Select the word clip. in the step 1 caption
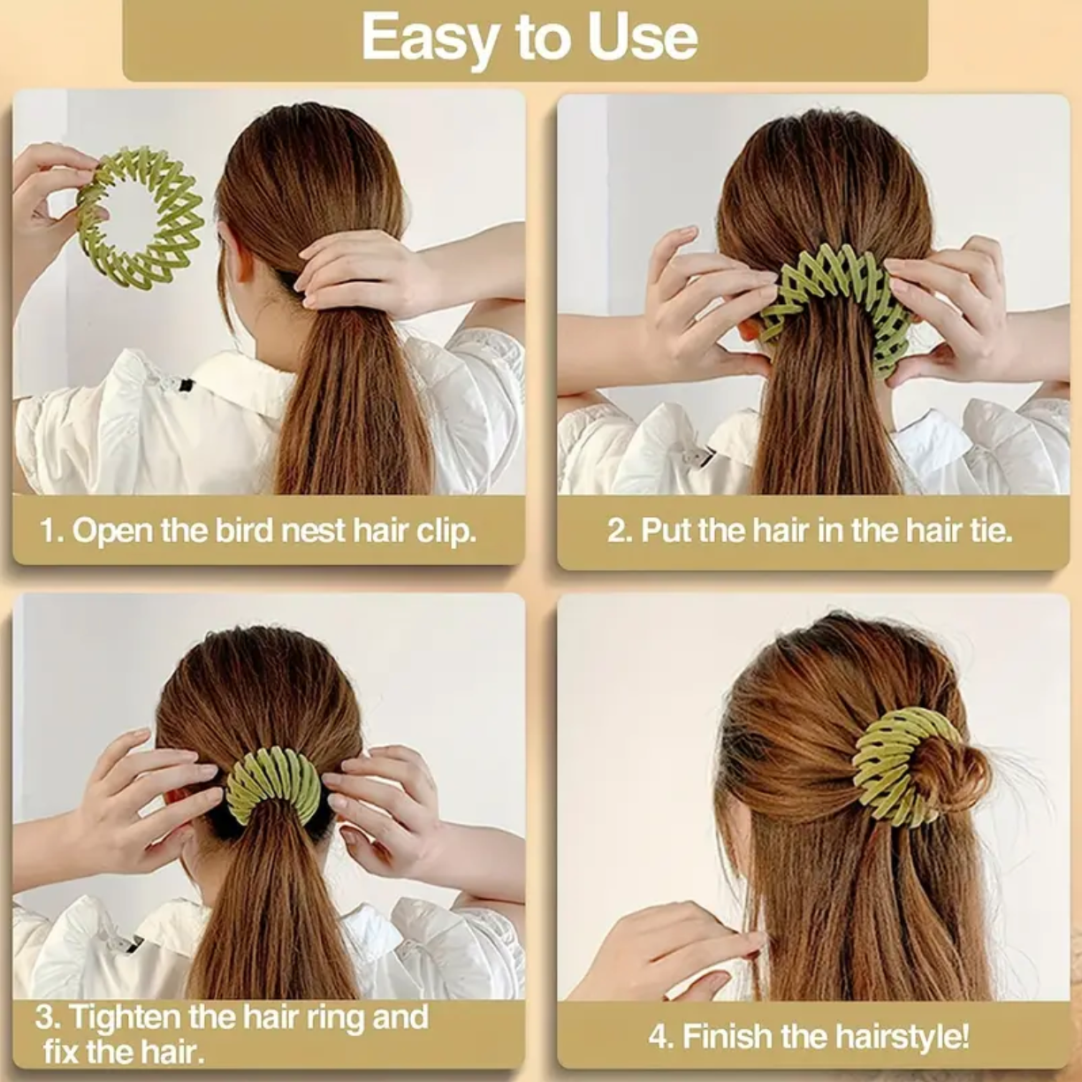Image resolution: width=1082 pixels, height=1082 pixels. (x=446, y=531)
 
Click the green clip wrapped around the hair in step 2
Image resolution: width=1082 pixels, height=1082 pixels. (x=835, y=301)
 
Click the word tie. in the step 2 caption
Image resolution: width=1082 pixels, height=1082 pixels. (x=989, y=530)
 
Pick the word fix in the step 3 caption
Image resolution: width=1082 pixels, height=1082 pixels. (x=62, y=1052)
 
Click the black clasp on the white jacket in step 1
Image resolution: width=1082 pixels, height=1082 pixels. (x=185, y=386)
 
